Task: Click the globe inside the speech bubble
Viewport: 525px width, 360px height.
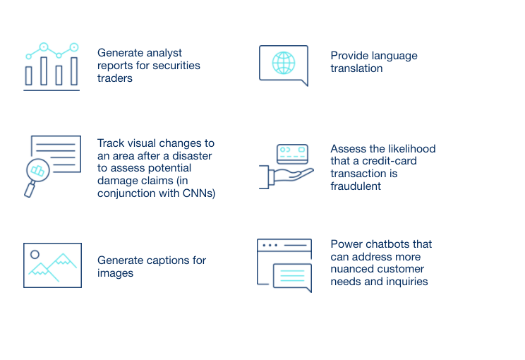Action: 284,63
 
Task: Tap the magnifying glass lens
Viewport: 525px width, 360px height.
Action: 38,170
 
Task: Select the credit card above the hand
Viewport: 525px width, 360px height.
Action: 292,154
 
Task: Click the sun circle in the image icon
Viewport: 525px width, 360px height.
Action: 35,255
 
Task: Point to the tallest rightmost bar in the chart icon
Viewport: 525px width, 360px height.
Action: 74,71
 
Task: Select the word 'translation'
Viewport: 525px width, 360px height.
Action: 356,68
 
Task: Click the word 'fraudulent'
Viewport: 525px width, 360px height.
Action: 356,186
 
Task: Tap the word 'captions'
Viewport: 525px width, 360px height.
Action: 162,260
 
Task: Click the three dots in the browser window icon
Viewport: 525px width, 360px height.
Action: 270,246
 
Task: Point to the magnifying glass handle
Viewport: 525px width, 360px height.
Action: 30,189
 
